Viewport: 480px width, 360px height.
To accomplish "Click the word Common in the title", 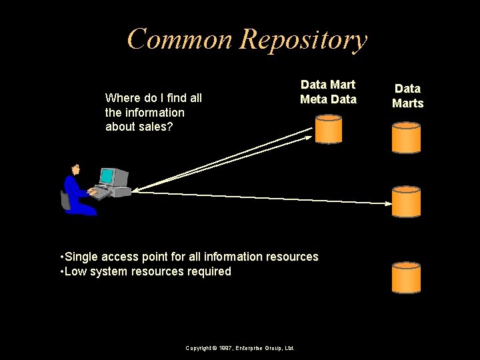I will pos(181,39).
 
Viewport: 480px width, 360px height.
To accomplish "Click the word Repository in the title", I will pos(303,41).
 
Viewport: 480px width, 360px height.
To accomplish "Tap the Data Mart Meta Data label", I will pos(328,92).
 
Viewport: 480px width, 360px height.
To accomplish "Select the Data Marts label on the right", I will pos(407,95).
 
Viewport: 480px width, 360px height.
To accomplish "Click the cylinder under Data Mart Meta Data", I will pos(328,129).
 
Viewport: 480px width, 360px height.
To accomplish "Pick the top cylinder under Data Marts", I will pos(406,137).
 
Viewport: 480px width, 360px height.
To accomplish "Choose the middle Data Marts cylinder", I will pos(406,201).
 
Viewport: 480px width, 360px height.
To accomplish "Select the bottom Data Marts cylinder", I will pos(406,277).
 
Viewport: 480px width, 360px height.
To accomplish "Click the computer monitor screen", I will pos(107,176).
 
